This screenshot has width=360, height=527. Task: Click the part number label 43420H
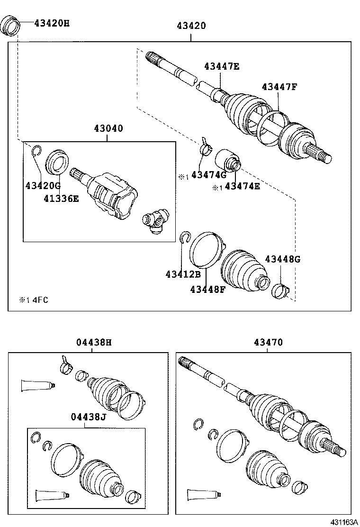52,22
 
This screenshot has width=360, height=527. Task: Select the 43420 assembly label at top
191,26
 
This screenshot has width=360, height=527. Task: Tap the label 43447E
222,66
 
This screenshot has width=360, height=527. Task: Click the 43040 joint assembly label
108,128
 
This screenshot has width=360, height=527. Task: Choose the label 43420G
43,185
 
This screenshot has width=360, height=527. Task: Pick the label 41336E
62,198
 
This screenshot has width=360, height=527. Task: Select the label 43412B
183,274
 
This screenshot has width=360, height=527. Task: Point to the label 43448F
207,289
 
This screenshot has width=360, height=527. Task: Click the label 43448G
282,259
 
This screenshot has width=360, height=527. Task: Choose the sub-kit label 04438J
88,417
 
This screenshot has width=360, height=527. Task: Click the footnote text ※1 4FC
34,300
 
